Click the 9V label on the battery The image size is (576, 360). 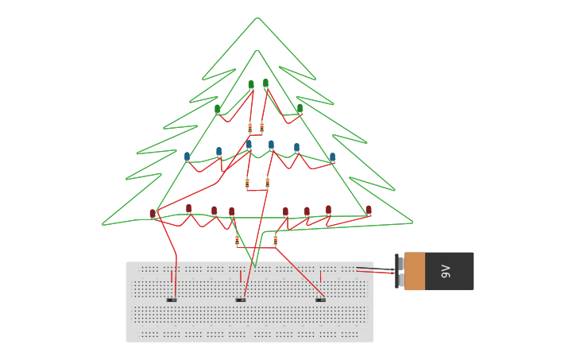click(446, 271)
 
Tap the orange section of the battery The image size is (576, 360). click(415, 271)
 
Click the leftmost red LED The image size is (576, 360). click(153, 213)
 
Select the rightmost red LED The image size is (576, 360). click(369, 210)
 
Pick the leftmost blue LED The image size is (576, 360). click(187, 156)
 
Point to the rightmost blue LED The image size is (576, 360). click(332, 157)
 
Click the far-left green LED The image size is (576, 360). click(218, 109)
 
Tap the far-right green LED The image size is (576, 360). click(300, 108)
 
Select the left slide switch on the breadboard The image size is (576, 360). click(172, 300)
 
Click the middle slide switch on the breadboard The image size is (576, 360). click(241, 300)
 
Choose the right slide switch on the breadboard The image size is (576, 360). click(320, 300)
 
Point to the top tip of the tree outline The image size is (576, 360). click(257, 18)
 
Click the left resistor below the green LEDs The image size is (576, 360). click(249, 127)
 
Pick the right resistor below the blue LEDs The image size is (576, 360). click(267, 183)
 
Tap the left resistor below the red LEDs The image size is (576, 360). click(237, 239)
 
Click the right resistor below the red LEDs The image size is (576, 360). click(276, 238)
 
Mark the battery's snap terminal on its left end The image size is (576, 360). click(400, 272)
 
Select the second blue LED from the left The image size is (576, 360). click(219, 150)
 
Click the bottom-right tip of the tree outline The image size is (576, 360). click(412, 223)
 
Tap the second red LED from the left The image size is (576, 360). click(188, 208)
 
